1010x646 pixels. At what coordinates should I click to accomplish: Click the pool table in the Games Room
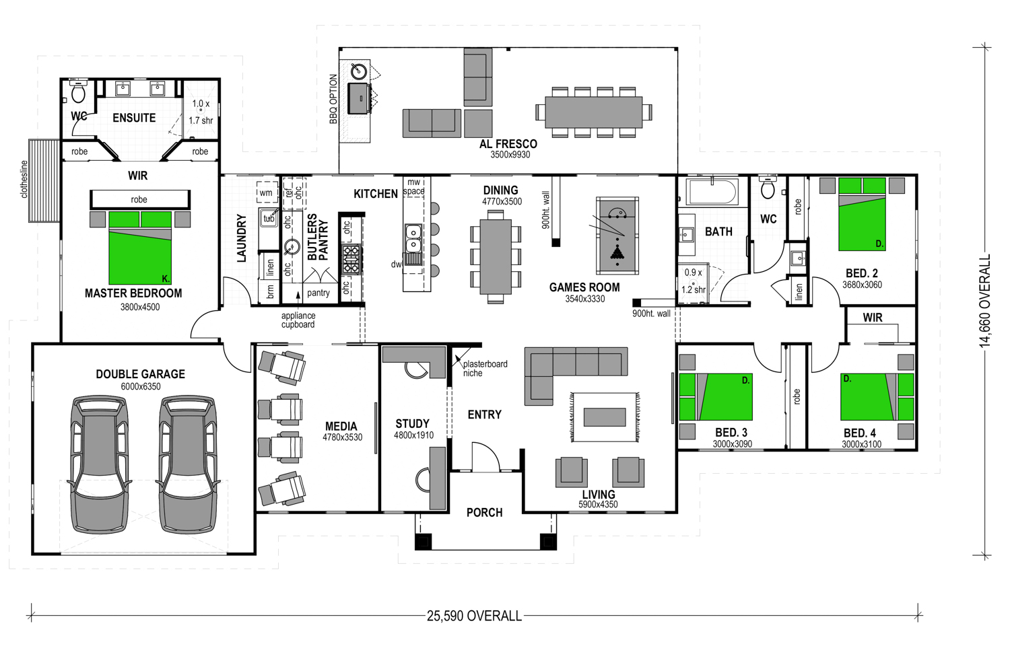click(x=617, y=235)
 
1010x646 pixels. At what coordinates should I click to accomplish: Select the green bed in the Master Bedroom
click(x=140, y=248)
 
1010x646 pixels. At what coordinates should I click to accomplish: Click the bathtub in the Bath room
click(x=712, y=192)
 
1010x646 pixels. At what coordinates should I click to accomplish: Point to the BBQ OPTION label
click(x=333, y=99)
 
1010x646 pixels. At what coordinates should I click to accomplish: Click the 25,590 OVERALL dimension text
click(x=474, y=616)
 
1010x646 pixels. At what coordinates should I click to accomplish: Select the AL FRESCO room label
click(x=508, y=144)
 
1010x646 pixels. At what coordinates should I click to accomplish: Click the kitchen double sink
click(x=413, y=239)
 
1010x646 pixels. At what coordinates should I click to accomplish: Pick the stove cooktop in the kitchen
click(x=351, y=260)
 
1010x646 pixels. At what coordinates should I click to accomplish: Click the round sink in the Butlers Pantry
click(x=293, y=247)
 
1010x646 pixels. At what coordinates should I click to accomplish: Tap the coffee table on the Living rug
click(x=604, y=417)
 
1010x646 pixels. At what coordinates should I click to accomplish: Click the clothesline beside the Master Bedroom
click(x=44, y=180)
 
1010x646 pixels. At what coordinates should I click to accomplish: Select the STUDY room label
click(x=412, y=424)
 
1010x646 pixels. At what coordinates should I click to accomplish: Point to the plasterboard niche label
click(x=485, y=369)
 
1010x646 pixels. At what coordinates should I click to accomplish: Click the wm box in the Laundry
click(x=266, y=193)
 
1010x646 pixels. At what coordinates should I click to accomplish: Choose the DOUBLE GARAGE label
click(x=140, y=374)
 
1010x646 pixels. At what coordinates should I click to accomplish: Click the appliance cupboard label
click(x=298, y=320)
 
